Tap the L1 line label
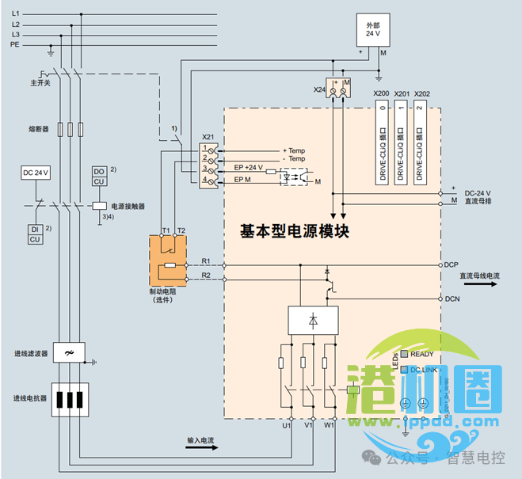16,14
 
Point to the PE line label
15,45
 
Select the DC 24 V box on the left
35,173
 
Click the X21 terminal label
208,136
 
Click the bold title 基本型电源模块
295,231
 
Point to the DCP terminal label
452,264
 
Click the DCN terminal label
452,298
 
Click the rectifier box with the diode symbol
314,321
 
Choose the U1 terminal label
287,426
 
